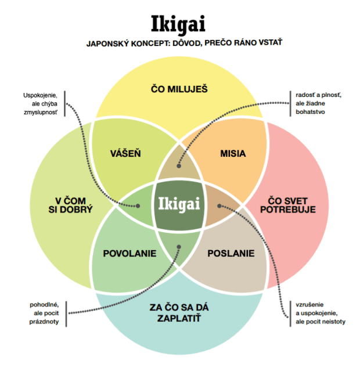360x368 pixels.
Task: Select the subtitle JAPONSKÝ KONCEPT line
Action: [x=179, y=44]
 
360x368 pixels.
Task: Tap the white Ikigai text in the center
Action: [x=179, y=204]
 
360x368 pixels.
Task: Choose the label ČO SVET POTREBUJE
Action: [x=296, y=204]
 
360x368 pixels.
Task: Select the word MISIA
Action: [x=233, y=154]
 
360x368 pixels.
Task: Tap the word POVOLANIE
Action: [x=127, y=254]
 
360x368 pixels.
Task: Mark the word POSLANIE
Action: [x=231, y=254]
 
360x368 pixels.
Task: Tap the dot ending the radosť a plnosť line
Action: [x=179, y=165]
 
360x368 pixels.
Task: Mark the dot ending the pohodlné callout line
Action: [x=179, y=246]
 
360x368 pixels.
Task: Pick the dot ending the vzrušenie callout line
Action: [x=219, y=205]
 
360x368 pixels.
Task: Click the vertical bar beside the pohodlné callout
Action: [x=66, y=313]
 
